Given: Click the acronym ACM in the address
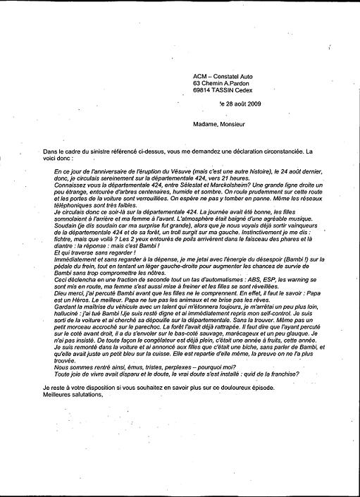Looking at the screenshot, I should click(200, 75).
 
